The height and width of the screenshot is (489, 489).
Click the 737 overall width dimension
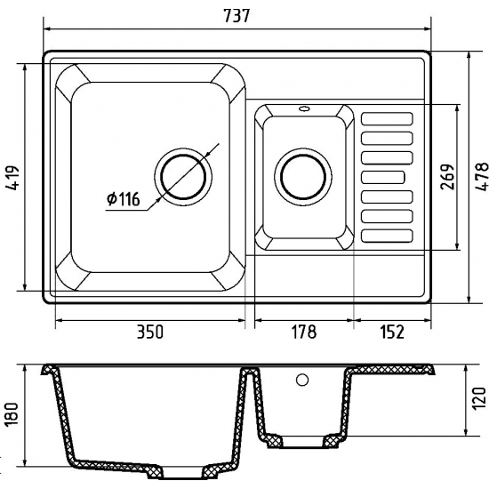(x=237, y=16)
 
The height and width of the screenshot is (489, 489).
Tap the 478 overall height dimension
(x=482, y=177)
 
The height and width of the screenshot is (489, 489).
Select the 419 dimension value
(x=13, y=178)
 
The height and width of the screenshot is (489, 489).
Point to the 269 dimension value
(x=447, y=177)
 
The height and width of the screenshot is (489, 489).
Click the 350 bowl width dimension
(x=150, y=332)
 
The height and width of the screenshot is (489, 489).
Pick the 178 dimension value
(x=303, y=332)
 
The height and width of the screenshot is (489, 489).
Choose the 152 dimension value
(x=392, y=332)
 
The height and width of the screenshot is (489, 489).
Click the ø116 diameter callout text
(x=124, y=199)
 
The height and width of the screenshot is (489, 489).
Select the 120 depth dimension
(x=479, y=399)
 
